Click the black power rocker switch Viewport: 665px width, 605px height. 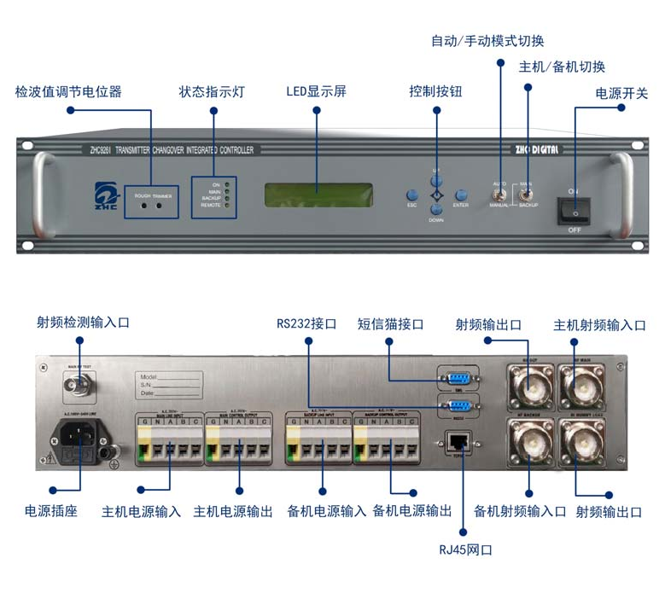575,208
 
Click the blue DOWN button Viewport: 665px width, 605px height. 436,209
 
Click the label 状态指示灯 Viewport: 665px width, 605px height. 212,91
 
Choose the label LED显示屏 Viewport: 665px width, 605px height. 316,91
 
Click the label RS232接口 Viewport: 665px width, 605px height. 306,324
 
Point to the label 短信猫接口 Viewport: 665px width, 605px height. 390,324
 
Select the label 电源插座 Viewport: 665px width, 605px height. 50,511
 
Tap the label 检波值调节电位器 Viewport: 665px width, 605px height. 68,91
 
